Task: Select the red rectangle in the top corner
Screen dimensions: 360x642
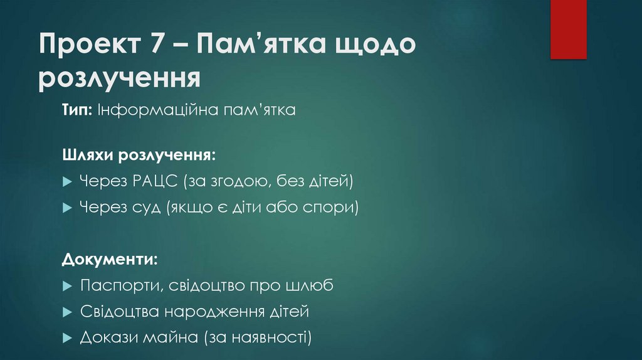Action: [x=568, y=29]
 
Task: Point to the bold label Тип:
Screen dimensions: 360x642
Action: [x=77, y=110]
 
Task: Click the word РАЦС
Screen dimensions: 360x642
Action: [x=155, y=182]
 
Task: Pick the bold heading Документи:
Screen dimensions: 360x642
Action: [x=109, y=258]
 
